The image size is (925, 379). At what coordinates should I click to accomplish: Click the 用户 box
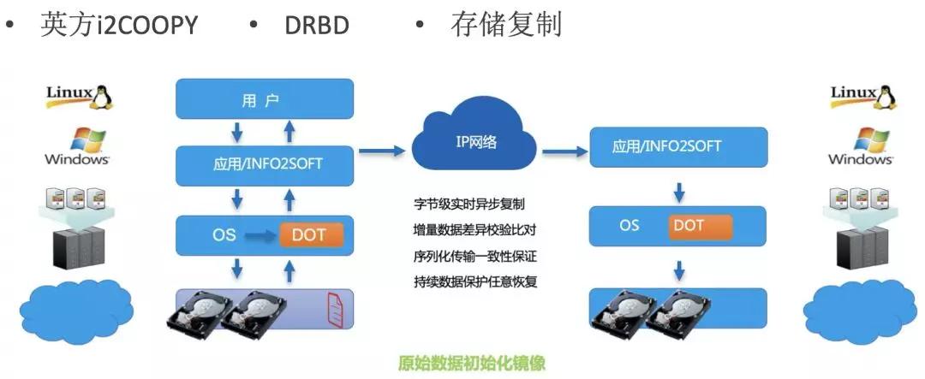[265, 99]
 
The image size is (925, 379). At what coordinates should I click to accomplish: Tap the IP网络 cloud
[474, 141]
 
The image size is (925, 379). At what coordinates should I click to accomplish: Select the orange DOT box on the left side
[310, 235]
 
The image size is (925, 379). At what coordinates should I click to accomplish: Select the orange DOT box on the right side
[701, 227]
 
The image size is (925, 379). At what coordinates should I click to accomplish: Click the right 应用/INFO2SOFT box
[679, 147]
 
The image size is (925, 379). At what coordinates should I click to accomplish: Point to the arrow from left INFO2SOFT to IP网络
[382, 152]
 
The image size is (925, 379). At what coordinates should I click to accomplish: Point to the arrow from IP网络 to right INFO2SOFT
[565, 152]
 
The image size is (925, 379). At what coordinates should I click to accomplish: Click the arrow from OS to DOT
[260, 236]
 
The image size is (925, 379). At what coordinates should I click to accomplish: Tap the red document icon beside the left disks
[335, 308]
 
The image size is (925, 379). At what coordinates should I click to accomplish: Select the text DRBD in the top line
[317, 26]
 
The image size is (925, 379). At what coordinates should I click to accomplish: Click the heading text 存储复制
[505, 24]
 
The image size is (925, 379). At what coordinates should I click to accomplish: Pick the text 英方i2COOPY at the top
[119, 25]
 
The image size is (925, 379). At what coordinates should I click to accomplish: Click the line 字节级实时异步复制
[469, 205]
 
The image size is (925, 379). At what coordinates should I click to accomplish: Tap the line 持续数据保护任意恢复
[475, 281]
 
